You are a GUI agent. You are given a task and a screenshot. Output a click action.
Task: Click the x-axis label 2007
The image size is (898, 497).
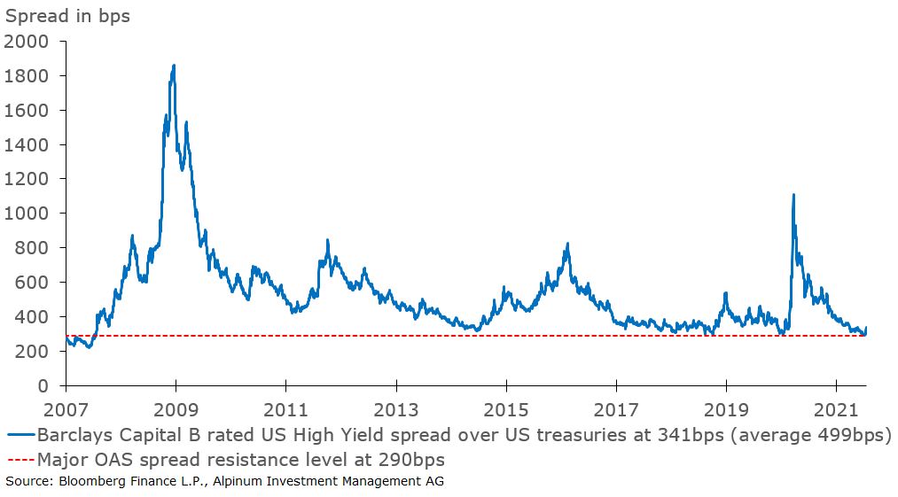66,410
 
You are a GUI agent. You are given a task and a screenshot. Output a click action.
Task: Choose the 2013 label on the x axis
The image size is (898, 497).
395,410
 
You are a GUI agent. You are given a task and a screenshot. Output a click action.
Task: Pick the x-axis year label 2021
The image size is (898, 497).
836,410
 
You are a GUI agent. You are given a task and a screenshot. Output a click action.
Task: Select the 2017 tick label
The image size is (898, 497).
616,410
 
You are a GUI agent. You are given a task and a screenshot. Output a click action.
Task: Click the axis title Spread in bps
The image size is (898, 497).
67,16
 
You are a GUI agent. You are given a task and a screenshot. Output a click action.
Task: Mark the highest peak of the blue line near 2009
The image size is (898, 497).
173,65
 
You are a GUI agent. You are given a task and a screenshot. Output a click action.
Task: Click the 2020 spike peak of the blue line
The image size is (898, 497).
793,195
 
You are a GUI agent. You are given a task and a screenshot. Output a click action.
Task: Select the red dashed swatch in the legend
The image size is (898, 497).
20,460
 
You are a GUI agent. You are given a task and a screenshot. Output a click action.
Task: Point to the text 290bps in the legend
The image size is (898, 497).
413,460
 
